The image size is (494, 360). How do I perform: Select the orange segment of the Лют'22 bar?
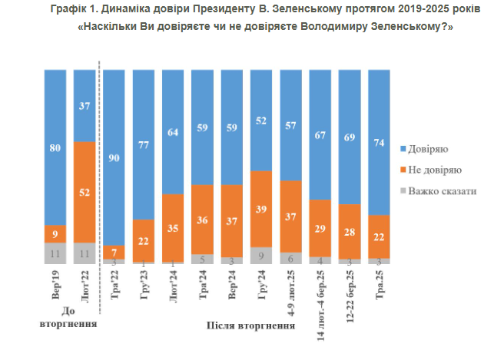point(84,192)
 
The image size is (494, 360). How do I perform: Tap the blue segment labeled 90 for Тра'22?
point(113,157)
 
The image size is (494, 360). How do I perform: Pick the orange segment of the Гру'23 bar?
point(142,240)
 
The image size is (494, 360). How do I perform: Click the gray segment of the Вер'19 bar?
point(54,253)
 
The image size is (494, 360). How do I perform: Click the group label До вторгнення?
point(68,319)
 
